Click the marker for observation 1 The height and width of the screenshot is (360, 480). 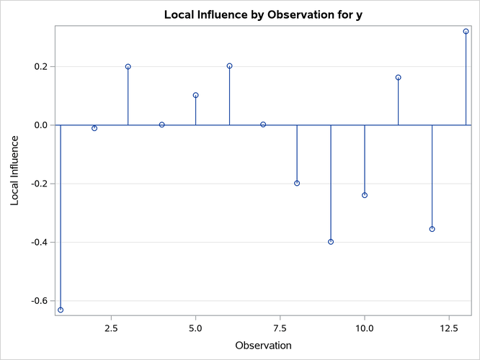click(x=61, y=310)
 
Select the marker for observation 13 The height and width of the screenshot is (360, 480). click(x=466, y=32)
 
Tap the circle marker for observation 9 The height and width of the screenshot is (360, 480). click(x=331, y=242)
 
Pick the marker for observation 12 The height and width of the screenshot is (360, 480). click(x=432, y=229)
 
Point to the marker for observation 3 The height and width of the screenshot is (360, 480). click(x=128, y=67)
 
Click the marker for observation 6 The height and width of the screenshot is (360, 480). click(x=230, y=66)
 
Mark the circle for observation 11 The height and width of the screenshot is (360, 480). click(x=399, y=78)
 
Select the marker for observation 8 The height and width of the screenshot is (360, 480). click(x=297, y=183)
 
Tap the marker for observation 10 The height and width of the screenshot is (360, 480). click(x=365, y=195)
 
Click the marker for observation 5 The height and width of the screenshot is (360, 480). click(x=196, y=95)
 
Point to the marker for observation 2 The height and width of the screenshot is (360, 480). click(x=94, y=128)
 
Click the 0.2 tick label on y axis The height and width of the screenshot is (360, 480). click(x=40, y=67)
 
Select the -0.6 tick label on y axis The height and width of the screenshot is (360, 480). click(x=39, y=301)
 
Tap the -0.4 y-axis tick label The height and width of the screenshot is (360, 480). click(x=39, y=242)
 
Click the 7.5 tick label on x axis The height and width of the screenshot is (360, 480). click(x=280, y=328)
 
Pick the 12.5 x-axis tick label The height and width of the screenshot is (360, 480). click(x=449, y=328)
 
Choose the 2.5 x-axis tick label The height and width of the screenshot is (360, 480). click(x=112, y=328)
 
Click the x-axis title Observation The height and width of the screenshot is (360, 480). click(x=263, y=346)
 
